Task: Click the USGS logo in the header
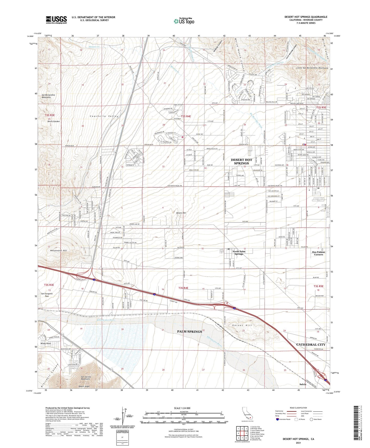(x=56, y=20)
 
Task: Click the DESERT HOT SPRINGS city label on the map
(x=240, y=161)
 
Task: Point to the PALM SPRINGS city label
(x=189, y=332)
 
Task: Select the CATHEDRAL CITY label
(x=311, y=344)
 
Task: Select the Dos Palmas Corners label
(x=319, y=253)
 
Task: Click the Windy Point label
(x=46, y=343)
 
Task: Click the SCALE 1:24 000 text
(x=182, y=408)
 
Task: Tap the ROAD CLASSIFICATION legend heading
(x=299, y=408)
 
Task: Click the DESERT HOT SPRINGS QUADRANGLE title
(x=306, y=17)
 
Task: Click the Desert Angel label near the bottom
(x=84, y=386)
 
